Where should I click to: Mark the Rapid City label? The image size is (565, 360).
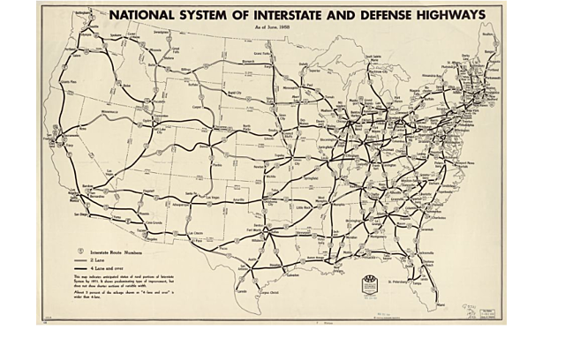pyautogui.click(x=210, y=92)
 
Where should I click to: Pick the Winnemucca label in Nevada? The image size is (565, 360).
pyautogui.click(x=90, y=113)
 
